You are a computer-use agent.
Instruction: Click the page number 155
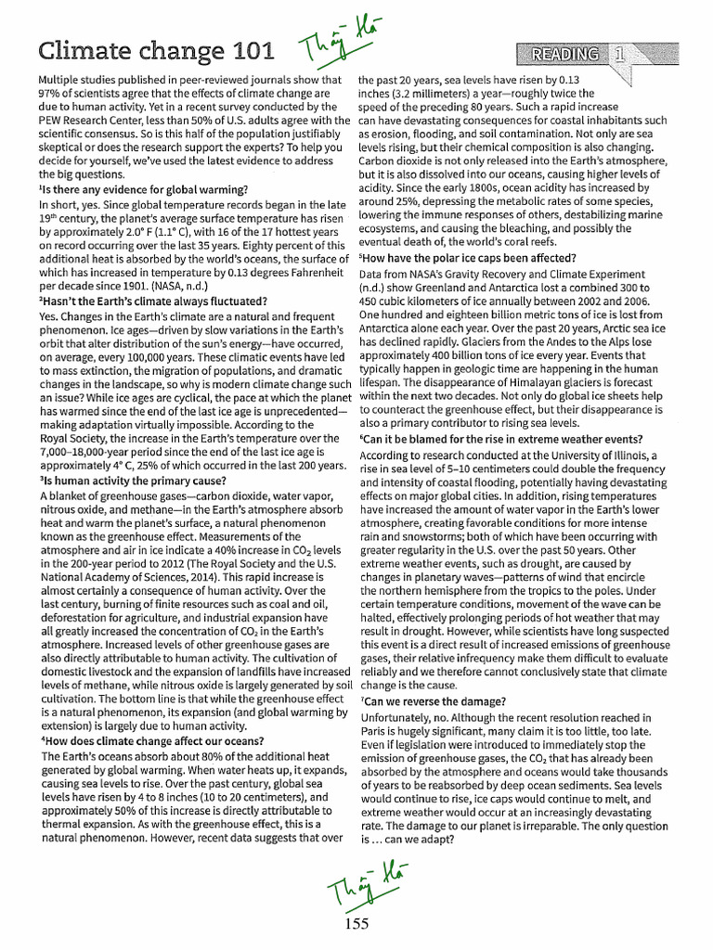tap(357, 922)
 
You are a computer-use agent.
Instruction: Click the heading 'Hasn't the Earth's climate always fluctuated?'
tap(154, 302)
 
